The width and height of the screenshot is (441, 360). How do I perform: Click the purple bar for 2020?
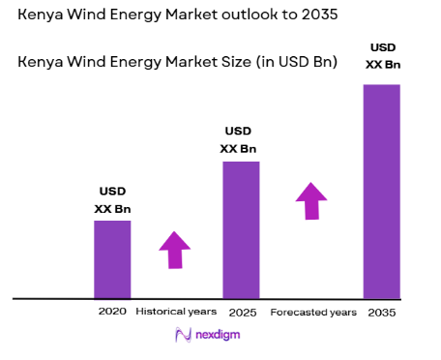point(112,259)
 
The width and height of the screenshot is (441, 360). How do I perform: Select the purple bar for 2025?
point(241,229)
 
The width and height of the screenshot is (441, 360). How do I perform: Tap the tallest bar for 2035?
point(381,191)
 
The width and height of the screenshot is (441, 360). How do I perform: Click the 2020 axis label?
point(112,313)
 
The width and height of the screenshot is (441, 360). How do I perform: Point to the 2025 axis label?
point(241,313)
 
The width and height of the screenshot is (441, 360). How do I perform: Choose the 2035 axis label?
point(381,313)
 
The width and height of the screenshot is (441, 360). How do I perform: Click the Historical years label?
point(176,313)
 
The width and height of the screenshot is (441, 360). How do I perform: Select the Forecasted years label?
point(312,313)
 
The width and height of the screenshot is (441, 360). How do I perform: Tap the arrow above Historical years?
point(175,250)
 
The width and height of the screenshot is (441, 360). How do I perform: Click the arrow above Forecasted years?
point(311,200)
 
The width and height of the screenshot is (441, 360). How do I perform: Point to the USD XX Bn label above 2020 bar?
point(112,199)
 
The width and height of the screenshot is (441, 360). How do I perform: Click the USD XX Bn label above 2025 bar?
point(241,139)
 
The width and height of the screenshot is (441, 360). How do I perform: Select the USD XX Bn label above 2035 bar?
point(381,56)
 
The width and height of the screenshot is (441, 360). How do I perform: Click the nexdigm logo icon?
point(183,335)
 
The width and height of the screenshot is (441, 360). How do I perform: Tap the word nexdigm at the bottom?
point(218,335)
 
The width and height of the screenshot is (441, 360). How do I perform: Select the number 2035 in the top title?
point(320,16)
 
